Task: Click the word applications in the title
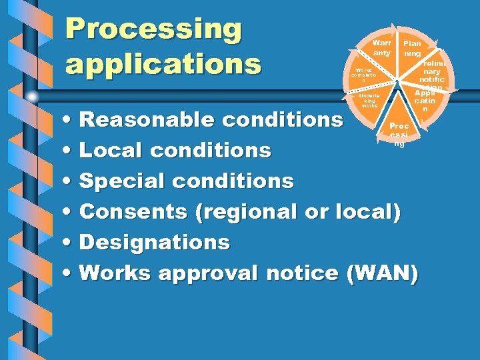click(163, 64)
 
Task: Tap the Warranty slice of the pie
click(381, 48)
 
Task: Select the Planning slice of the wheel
click(412, 48)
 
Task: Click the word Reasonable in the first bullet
click(145, 120)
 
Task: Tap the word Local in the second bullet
click(111, 151)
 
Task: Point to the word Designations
click(154, 242)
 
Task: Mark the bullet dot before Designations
click(70, 243)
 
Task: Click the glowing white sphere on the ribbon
click(31, 97)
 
